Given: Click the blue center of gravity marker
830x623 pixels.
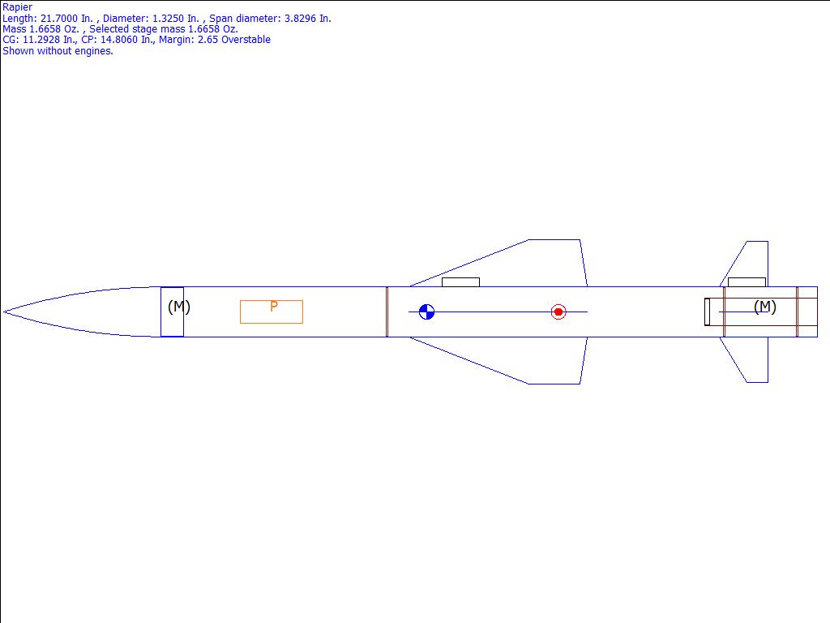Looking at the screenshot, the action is (426, 312).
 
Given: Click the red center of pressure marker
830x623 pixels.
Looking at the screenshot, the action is (558, 312).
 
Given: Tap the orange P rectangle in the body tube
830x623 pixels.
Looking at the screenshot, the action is (272, 312).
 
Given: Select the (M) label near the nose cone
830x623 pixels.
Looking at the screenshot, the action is (179, 307).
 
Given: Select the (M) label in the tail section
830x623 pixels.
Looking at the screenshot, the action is (765, 307).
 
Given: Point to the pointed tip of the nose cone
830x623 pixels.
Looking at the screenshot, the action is (4, 312).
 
